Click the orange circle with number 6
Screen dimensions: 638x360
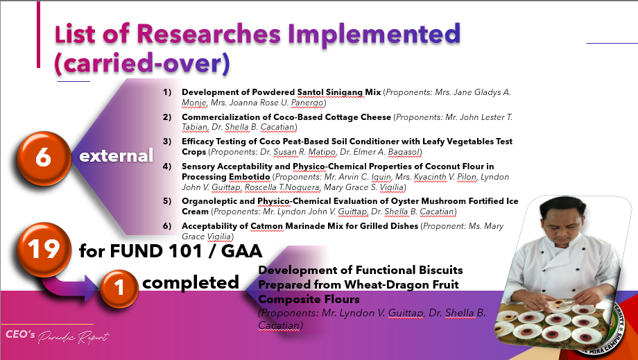point(44,158)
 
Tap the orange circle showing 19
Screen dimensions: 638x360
point(44,249)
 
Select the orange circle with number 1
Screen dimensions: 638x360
point(119,288)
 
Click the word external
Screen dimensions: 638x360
point(116,156)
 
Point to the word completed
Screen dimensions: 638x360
point(191,283)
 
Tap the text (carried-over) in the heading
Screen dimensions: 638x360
point(142,63)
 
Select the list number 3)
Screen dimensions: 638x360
point(167,141)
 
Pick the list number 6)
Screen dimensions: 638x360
point(167,225)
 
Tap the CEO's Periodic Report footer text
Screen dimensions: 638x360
point(58,336)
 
